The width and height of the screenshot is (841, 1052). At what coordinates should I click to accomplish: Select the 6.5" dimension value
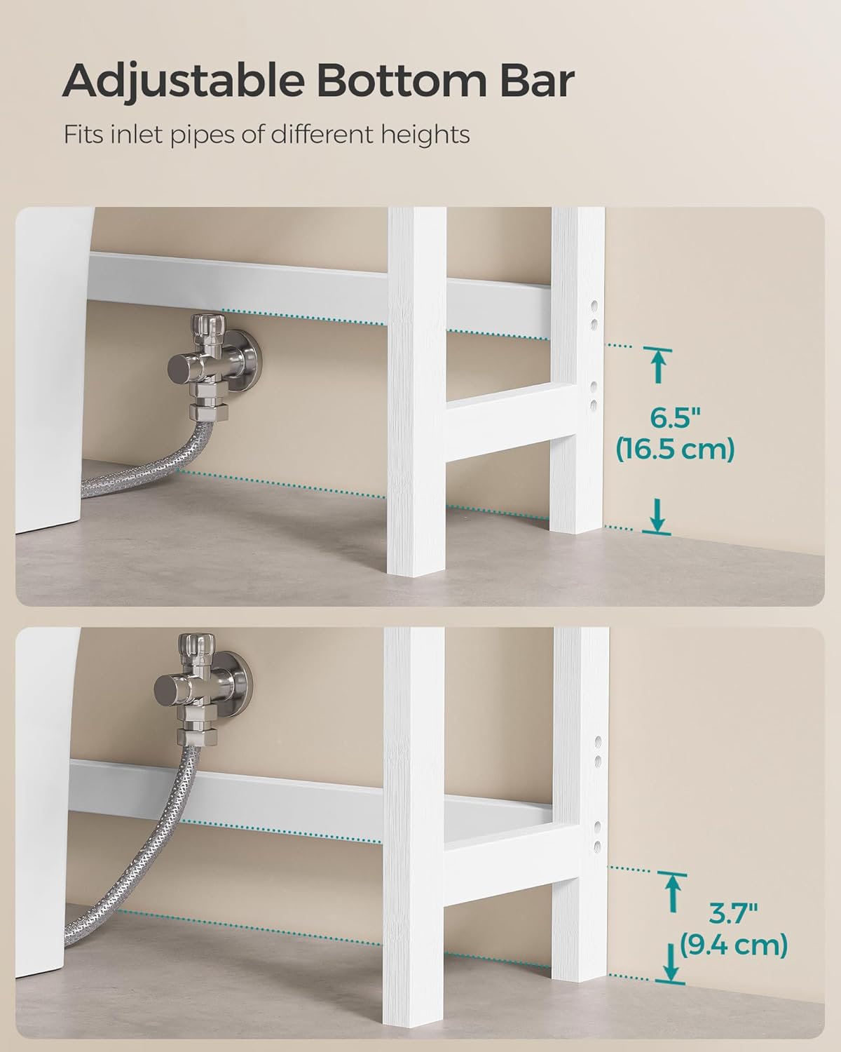(x=675, y=419)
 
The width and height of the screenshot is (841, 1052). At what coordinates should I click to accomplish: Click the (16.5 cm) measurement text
(x=675, y=449)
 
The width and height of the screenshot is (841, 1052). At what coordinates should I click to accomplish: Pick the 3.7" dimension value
(x=733, y=915)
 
